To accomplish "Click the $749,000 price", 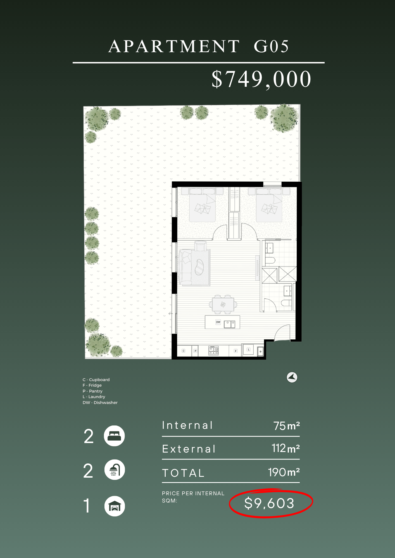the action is (x=261, y=79).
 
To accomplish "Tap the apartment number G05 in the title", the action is (x=271, y=46).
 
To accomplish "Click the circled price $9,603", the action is (x=269, y=503).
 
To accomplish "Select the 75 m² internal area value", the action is (x=287, y=426).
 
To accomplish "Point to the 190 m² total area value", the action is (x=284, y=472).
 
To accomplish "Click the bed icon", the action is (x=114, y=436).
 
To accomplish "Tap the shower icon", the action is (x=115, y=470).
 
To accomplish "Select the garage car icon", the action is (x=115, y=506).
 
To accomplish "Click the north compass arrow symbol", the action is (x=292, y=377).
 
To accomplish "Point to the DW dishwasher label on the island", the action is (x=218, y=322).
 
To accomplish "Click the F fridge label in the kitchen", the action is (x=236, y=351).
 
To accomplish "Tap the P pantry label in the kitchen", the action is (x=196, y=351).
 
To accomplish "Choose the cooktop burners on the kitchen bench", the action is (x=214, y=350).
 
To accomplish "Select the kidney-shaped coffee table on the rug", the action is (x=199, y=267).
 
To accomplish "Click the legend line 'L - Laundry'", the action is (x=94, y=397).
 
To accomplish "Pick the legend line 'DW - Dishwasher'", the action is (x=100, y=403).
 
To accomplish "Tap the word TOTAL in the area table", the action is (x=183, y=473).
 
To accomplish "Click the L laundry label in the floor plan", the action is (x=249, y=350).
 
